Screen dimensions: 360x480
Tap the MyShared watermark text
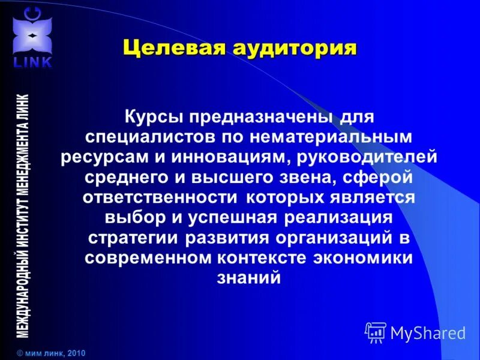pos(428,332)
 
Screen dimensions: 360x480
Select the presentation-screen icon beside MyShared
pos(376,332)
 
